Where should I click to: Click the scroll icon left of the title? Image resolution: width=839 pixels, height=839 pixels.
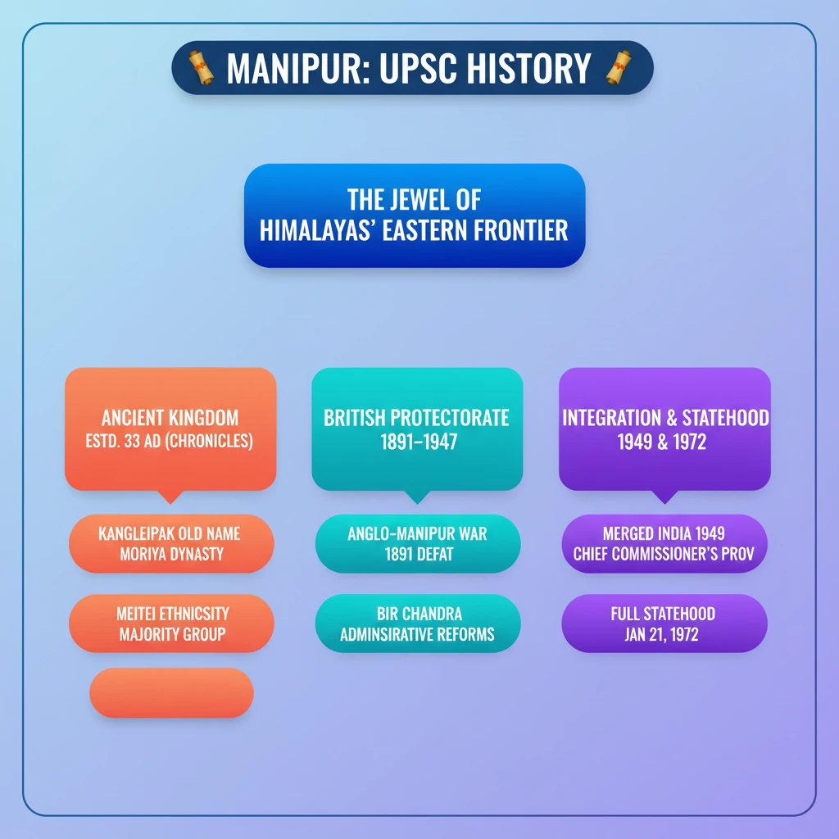click(201, 67)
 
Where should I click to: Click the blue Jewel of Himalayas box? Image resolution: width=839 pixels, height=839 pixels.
click(414, 215)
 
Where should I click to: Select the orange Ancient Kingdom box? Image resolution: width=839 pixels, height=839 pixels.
click(170, 429)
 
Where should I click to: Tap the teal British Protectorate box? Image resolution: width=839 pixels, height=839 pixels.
click(417, 429)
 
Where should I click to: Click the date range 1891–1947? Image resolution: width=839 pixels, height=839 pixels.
click(417, 442)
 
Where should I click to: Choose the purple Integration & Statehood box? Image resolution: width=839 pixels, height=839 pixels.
click(664, 429)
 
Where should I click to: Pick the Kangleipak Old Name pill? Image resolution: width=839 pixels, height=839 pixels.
click(170, 543)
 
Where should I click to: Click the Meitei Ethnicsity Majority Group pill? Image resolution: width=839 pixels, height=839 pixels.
click(171, 624)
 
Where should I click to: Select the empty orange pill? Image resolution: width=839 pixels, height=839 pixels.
click(171, 693)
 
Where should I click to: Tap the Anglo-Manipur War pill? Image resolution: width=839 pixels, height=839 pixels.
click(417, 543)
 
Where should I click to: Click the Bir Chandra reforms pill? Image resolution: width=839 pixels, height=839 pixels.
click(417, 624)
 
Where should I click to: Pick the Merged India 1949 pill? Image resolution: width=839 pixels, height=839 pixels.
click(664, 543)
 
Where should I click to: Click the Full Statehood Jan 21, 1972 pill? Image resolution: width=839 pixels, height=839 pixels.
click(664, 624)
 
